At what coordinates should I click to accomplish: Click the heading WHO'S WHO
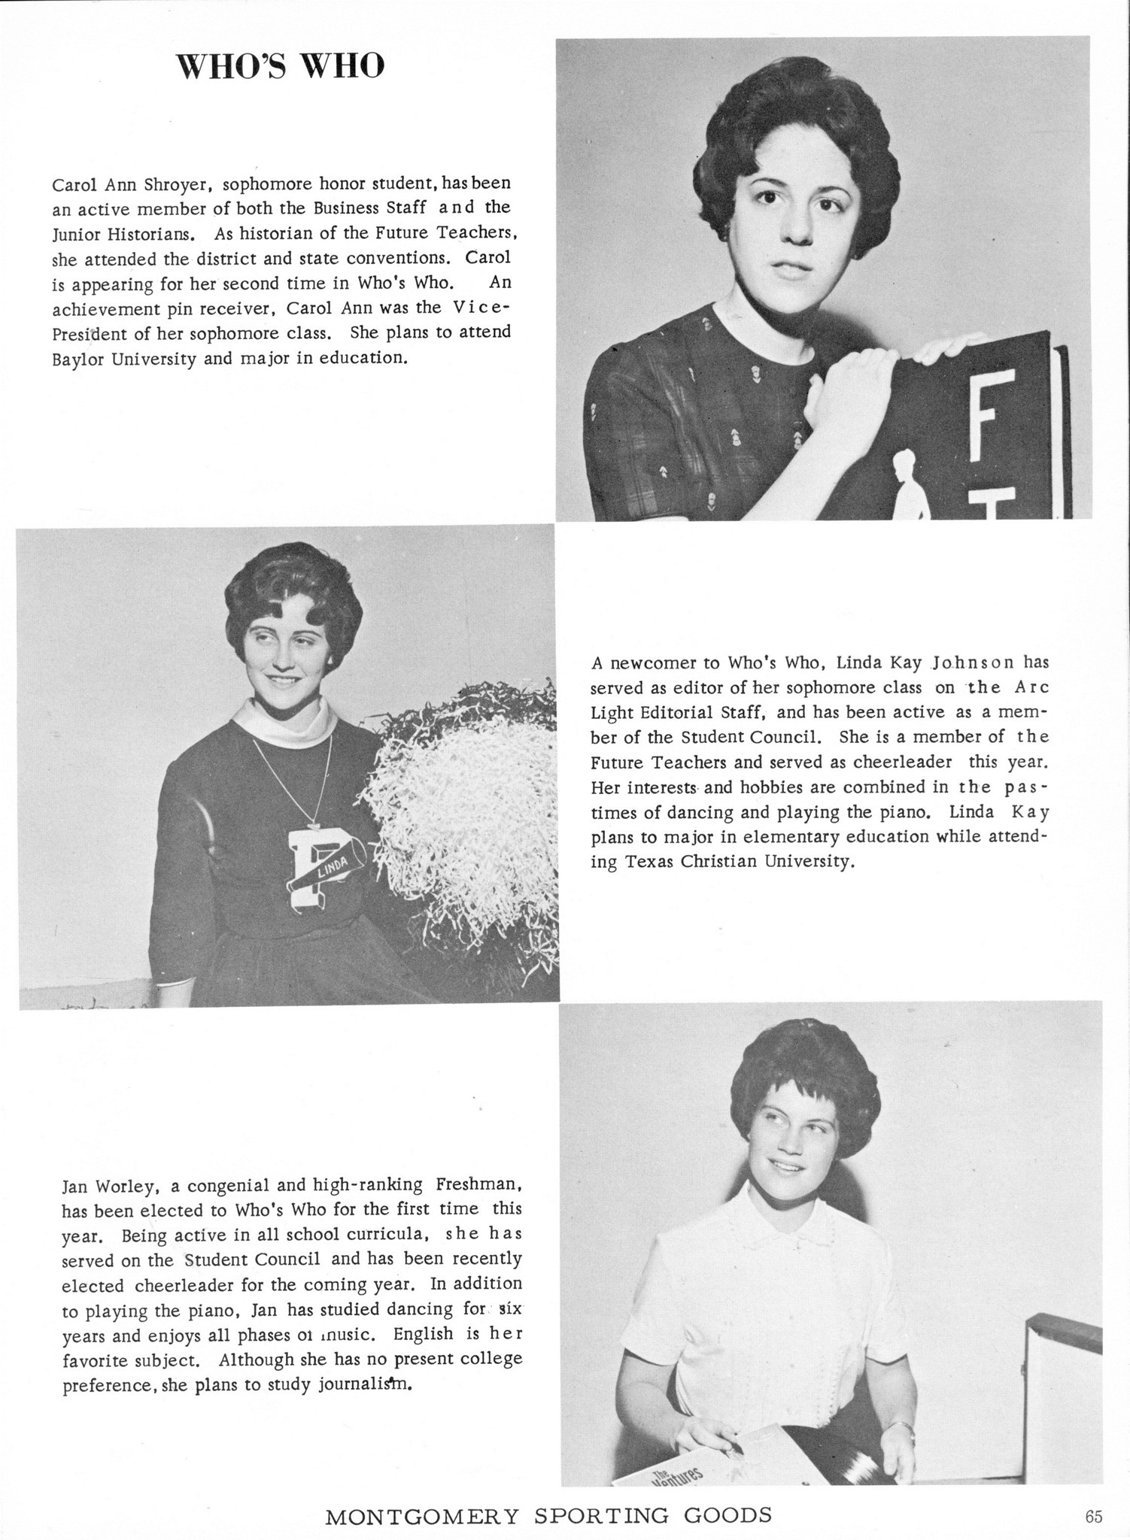(280, 67)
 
